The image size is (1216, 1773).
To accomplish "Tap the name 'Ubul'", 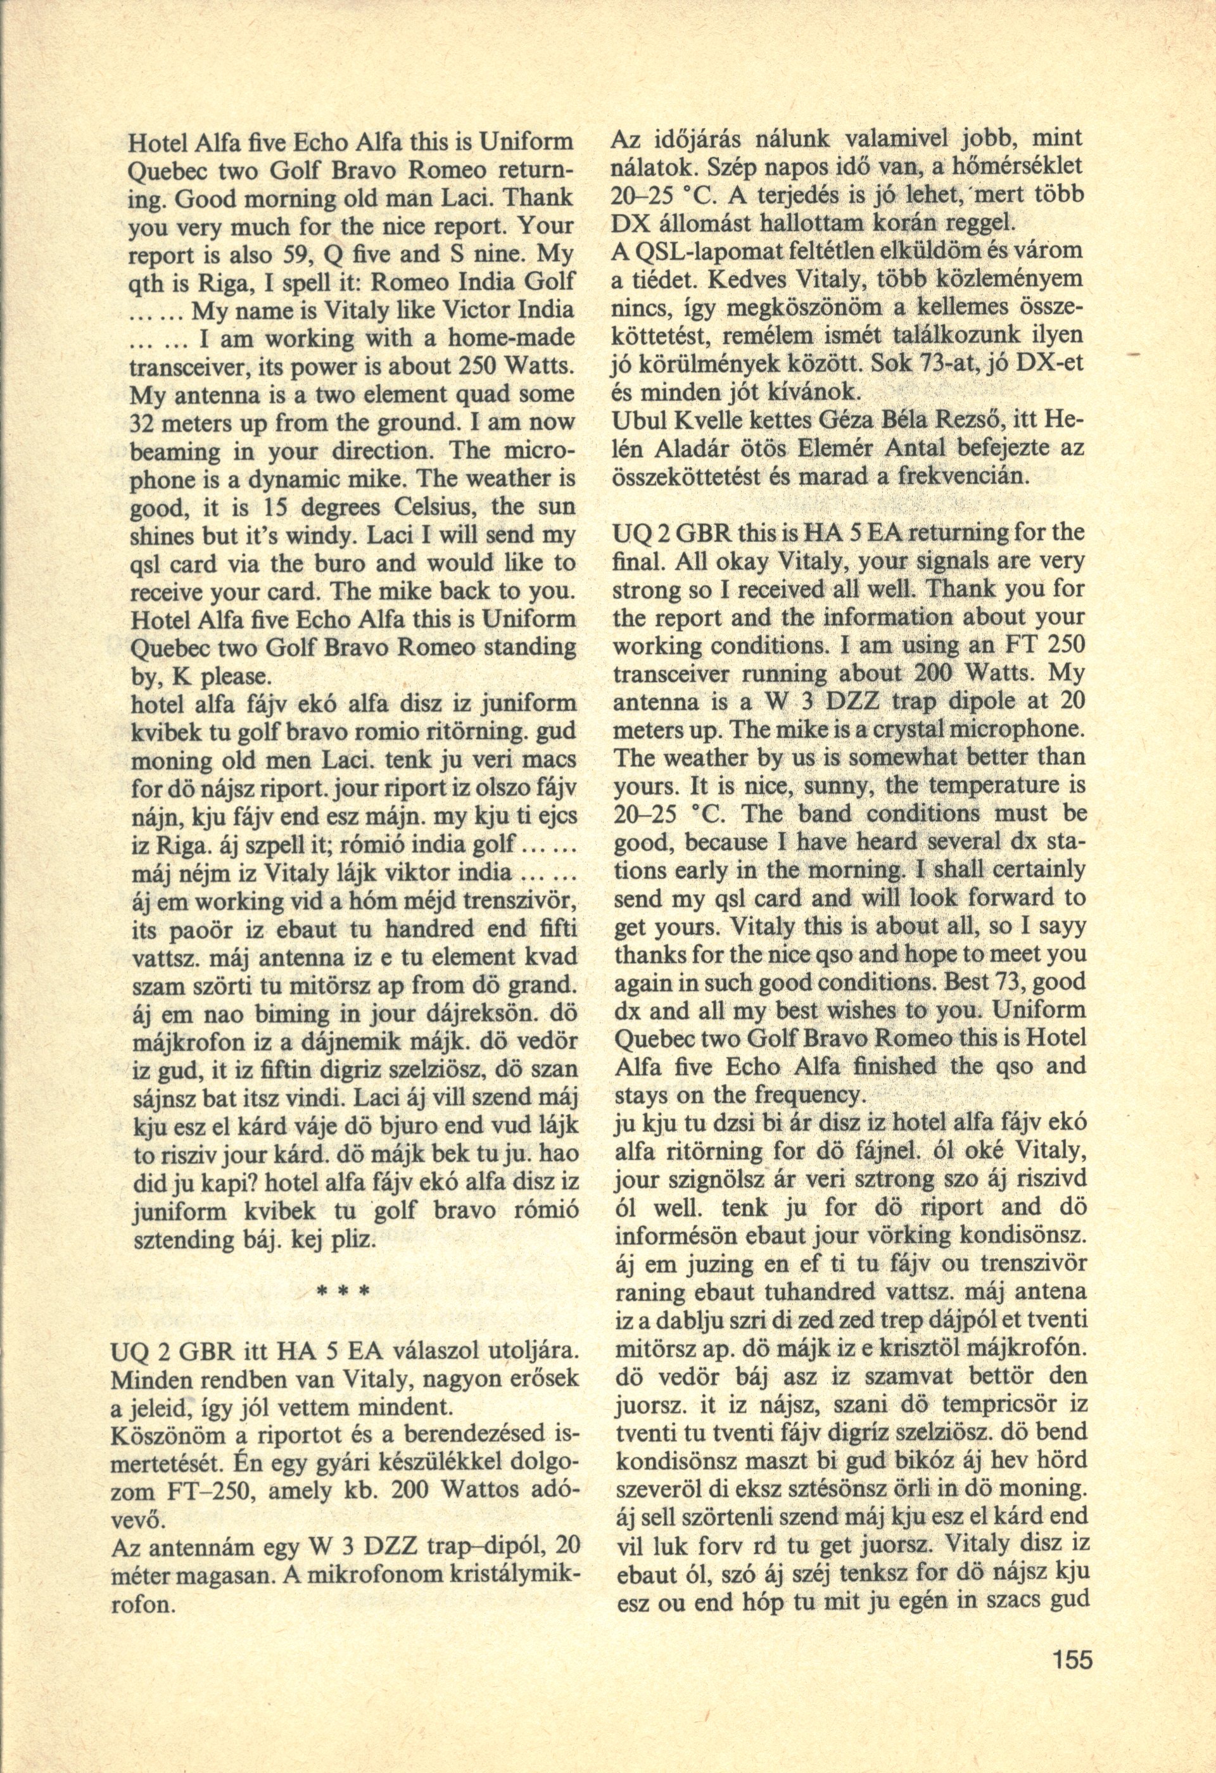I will click(x=635, y=422).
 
